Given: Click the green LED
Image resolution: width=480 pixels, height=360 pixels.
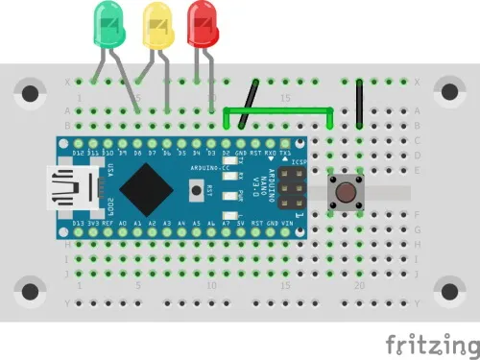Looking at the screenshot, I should (108, 25).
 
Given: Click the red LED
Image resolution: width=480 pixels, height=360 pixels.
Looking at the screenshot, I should (203, 23).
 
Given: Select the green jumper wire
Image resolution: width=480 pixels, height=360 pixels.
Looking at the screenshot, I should (278, 111).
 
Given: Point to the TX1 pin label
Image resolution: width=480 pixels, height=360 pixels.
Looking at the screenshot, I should (285, 154).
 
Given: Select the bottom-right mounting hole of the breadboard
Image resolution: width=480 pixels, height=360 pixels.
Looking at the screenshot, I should (448, 289).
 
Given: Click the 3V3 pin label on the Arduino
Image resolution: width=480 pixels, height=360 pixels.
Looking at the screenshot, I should (93, 223).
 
